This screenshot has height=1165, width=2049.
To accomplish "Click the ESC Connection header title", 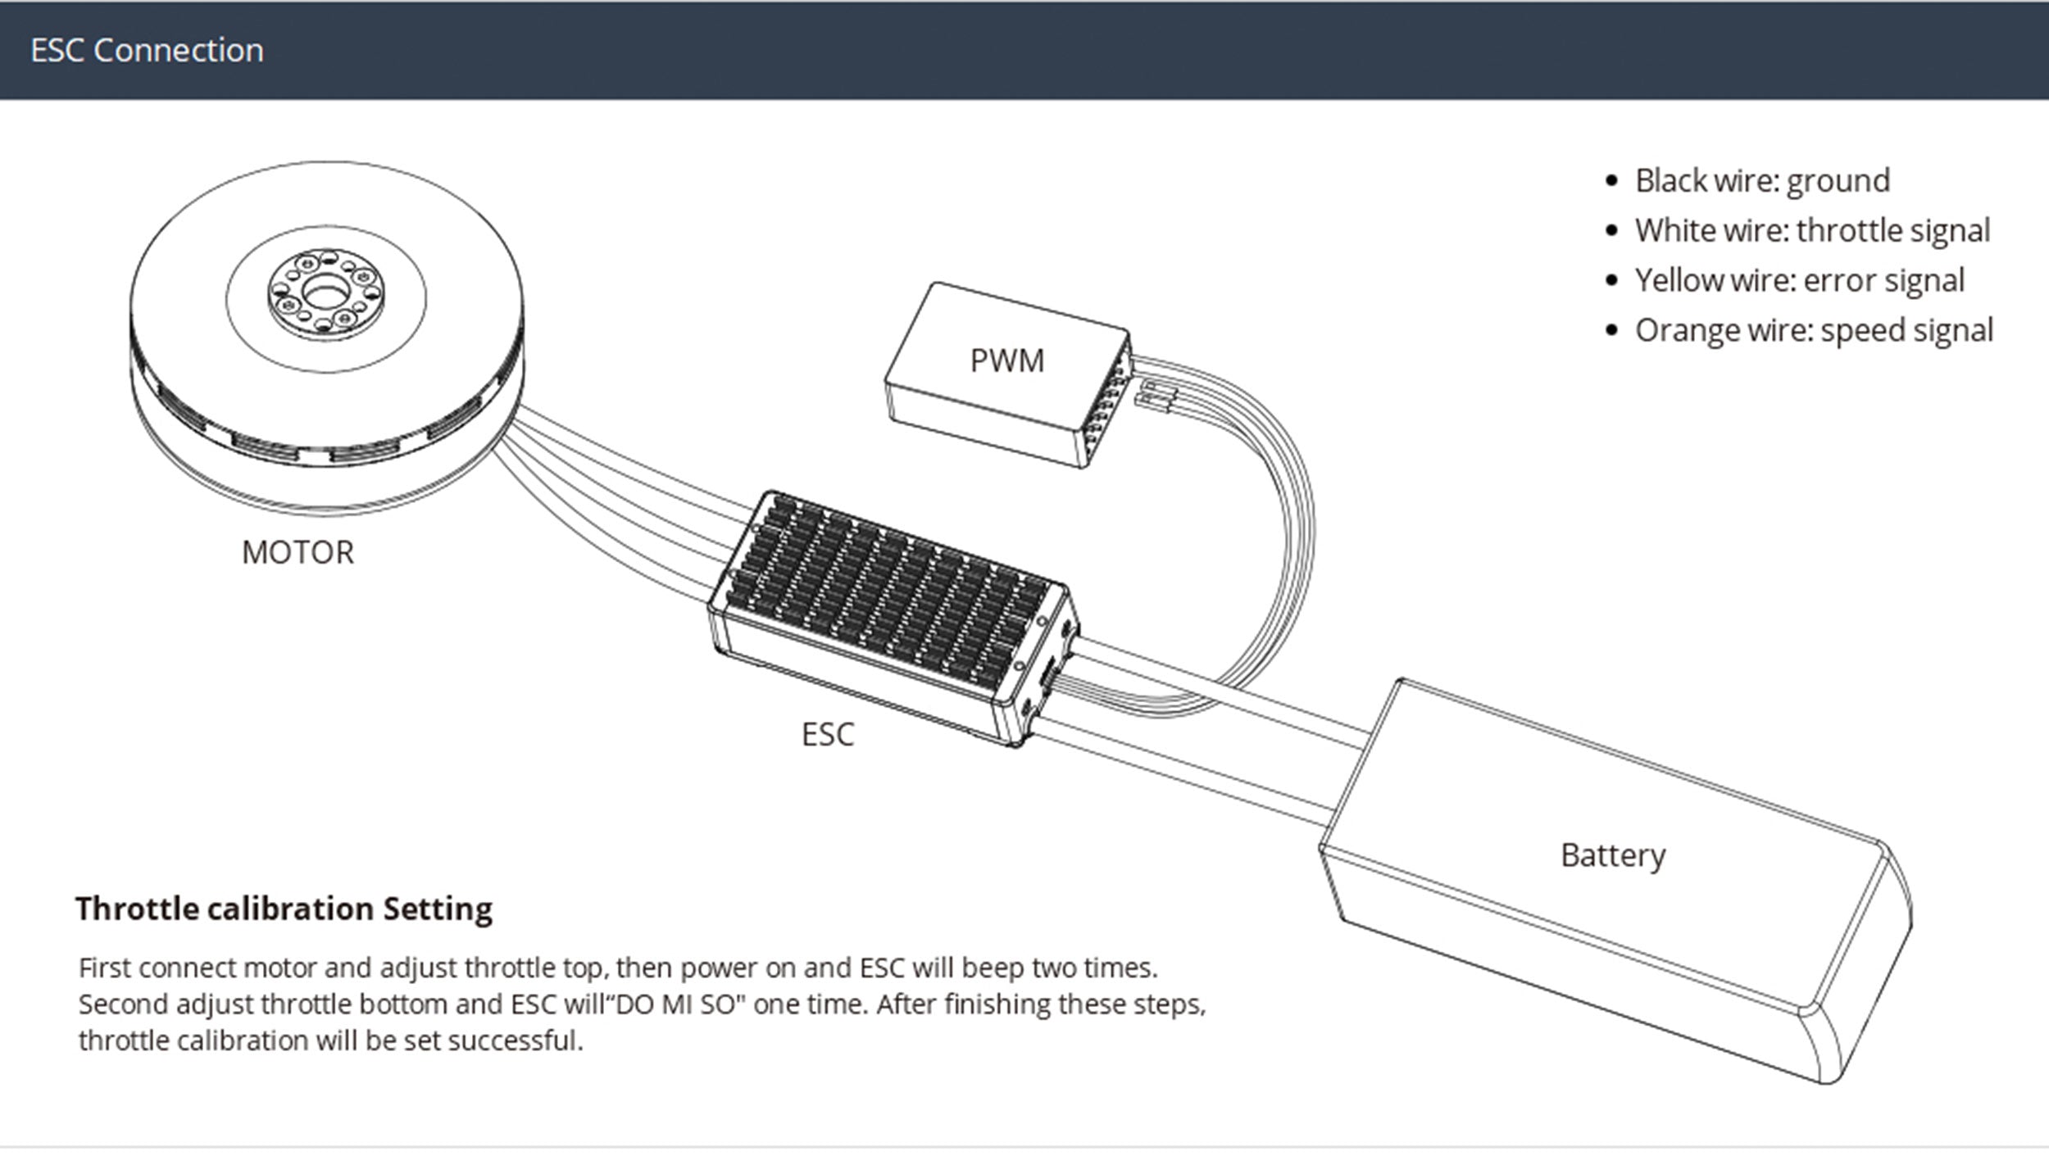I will click(x=148, y=51).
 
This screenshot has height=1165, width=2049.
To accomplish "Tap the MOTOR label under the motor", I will click(x=298, y=553).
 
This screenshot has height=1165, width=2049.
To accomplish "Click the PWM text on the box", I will click(x=1007, y=361).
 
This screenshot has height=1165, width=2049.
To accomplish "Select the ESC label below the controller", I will click(x=828, y=735).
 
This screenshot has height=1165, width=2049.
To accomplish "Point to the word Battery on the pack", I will click(x=1613, y=855).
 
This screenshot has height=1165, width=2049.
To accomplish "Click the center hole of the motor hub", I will click(x=325, y=291).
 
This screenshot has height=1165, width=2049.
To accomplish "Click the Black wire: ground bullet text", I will click(x=1762, y=181).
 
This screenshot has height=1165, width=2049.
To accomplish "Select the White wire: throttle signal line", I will click(x=1812, y=231).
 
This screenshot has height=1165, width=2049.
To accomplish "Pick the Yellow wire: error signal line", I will click(x=1800, y=281).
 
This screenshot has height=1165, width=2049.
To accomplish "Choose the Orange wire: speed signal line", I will click(x=1814, y=331).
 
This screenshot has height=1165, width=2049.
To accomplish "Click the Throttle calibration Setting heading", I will click(x=284, y=909).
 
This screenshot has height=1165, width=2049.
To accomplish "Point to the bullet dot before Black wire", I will click(x=1612, y=181).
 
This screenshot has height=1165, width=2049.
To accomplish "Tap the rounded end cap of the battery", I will click(x=1860, y=967).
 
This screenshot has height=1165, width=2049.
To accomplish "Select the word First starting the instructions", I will click(x=104, y=968).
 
